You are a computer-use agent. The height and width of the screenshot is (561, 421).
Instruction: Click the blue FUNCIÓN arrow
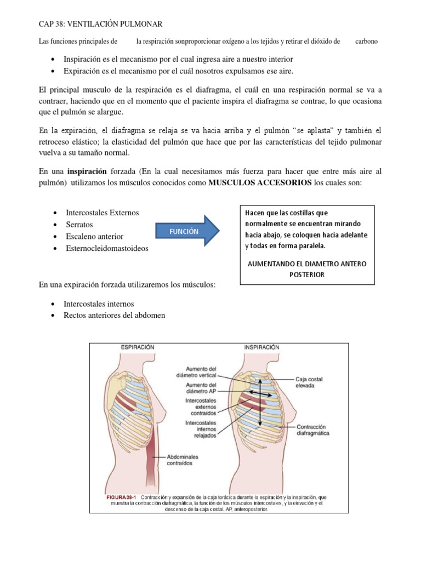[186, 232]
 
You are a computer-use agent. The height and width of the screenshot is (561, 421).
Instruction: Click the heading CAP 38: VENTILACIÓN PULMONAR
[101, 24]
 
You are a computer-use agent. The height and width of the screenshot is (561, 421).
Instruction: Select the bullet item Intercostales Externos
[103, 213]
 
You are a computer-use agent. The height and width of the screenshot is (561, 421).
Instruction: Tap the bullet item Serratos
[79, 225]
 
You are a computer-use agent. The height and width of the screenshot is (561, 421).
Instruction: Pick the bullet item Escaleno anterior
[94, 237]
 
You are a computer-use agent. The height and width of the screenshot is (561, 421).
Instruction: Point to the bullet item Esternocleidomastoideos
[107, 248]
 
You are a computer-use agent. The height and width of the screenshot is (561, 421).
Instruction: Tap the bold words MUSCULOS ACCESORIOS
[260, 182]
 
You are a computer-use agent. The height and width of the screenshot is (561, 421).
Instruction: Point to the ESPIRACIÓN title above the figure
[138, 347]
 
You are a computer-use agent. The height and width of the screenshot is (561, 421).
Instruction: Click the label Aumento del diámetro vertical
[202, 372]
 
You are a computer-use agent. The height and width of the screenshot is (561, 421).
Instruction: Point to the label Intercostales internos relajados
[201, 430]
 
